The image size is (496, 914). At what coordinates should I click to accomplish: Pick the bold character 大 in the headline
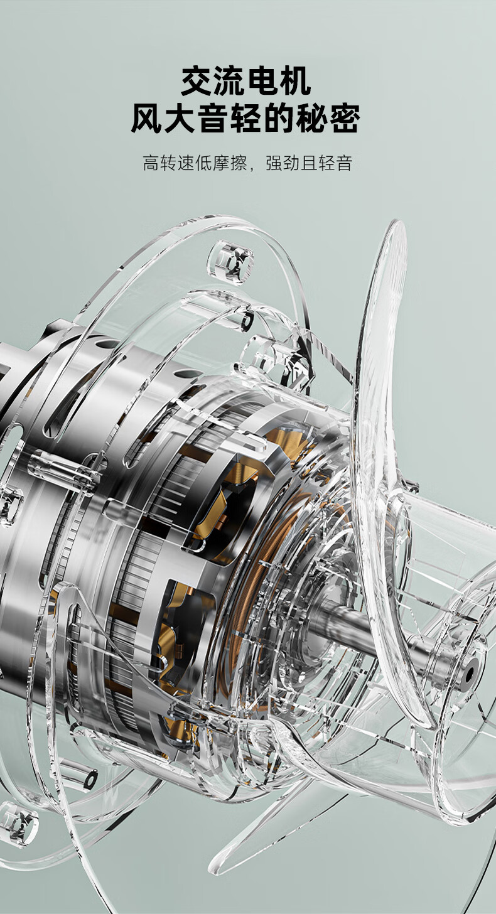pos(180,118)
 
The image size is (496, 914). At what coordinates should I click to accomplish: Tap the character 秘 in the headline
pos(313,118)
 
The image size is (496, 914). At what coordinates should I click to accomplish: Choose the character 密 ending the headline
pos(345,118)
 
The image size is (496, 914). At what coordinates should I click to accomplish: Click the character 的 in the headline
pos(279,118)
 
